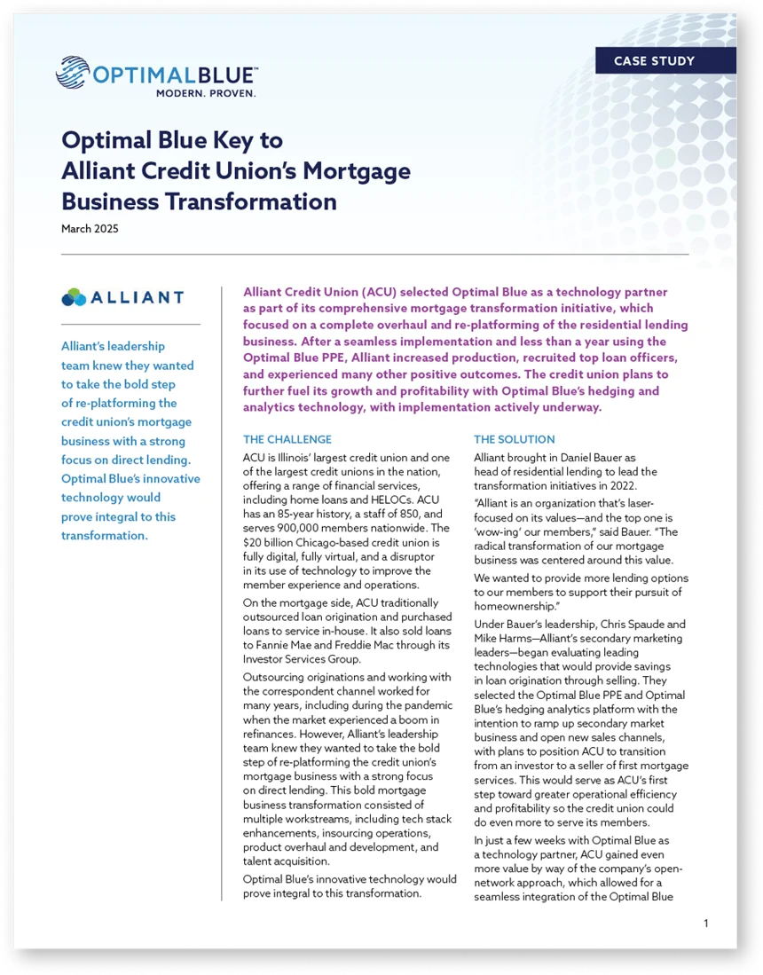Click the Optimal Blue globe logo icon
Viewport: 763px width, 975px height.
click(x=72, y=73)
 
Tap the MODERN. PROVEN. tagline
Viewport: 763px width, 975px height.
click(x=206, y=92)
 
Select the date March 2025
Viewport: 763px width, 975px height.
click(x=90, y=229)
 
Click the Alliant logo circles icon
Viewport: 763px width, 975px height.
click(x=74, y=297)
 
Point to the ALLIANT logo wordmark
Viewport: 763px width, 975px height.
click(x=138, y=298)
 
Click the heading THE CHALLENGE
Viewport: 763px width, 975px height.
click(x=287, y=439)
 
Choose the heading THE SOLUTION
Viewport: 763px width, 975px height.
click(x=514, y=439)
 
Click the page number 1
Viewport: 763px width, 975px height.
click(x=705, y=924)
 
